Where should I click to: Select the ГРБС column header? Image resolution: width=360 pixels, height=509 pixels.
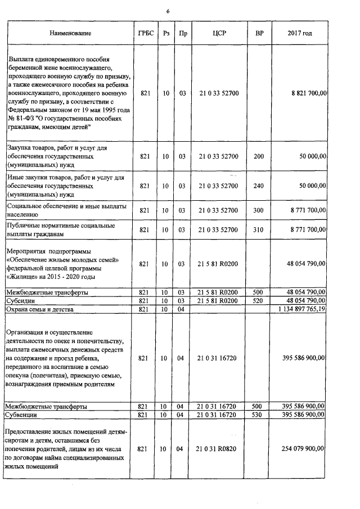click(x=145, y=34)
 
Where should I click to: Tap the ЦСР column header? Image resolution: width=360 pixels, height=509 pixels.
click(x=219, y=34)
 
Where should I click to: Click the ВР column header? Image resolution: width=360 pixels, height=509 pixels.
click(x=259, y=34)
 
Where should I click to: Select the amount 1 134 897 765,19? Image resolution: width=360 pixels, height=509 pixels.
click(x=302, y=309)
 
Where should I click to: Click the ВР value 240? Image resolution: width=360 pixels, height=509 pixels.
click(x=259, y=186)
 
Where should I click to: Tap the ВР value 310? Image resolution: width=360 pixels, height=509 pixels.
click(x=259, y=229)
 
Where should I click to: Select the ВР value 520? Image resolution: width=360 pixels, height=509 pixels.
click(x=259, y=301)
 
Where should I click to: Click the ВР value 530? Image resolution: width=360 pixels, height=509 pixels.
click(x=259, y=414)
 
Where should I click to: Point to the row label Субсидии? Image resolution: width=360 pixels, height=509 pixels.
click(x=19, y=301)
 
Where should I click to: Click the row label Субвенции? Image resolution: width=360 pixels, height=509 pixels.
click(x=21, y=414)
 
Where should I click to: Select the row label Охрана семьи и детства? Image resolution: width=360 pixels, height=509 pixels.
click(x=41, y=309)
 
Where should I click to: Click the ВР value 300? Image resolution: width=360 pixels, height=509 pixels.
click(x=259, y=210)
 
